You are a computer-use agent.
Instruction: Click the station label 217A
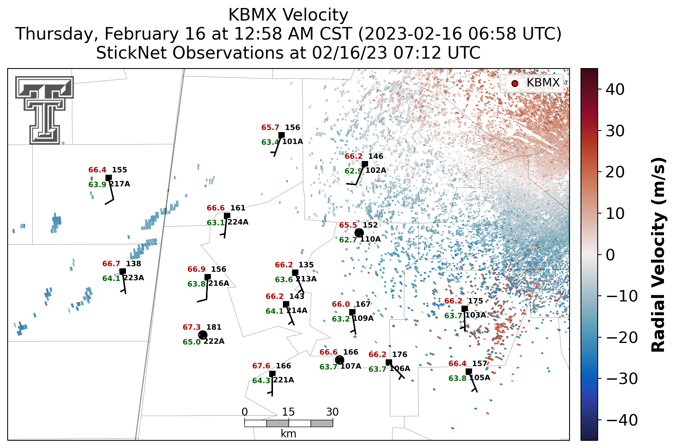pyautogui.click(x=120, y=184)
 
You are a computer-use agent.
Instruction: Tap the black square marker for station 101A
pyautogui.click(x=281, y=135)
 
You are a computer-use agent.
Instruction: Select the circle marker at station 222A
pyautogui.click(x=203, y=335)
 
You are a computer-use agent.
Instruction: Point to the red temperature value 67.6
pyautogui.click(x=261, y=366)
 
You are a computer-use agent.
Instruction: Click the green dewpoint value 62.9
pyautogui.click(x=353, y=171)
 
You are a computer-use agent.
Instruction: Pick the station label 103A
pyautogui.click(x=476, y=315)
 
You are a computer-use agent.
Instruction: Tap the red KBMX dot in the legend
pyautogui.click(x=515, y=83)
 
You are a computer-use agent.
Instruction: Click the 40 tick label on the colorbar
pyautogui.click(x=615, y=90)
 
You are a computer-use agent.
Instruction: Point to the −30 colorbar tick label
pyautogui.click(x=622, y=379)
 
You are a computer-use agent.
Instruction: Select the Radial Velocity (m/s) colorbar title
pyautogui.click(x=658, y=255)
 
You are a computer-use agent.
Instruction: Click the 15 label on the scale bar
pyautogui.click(x=289, y=412)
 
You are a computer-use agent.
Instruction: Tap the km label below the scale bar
pyautogui.click(x=289, y=434)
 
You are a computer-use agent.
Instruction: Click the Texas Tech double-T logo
pyautogui.click(x=45, y=110)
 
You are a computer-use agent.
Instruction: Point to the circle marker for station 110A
pyautogui.click(x=359, y=233)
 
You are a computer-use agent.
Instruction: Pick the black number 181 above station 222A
pyautogui.click(x=214, y=327)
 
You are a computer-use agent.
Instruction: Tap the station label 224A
pyautogui.click(x=238, y=222)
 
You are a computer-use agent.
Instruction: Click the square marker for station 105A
pyautogui.click(x=469, y=371)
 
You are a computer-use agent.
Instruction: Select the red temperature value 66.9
pyautogui.click(x=196, y=269)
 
